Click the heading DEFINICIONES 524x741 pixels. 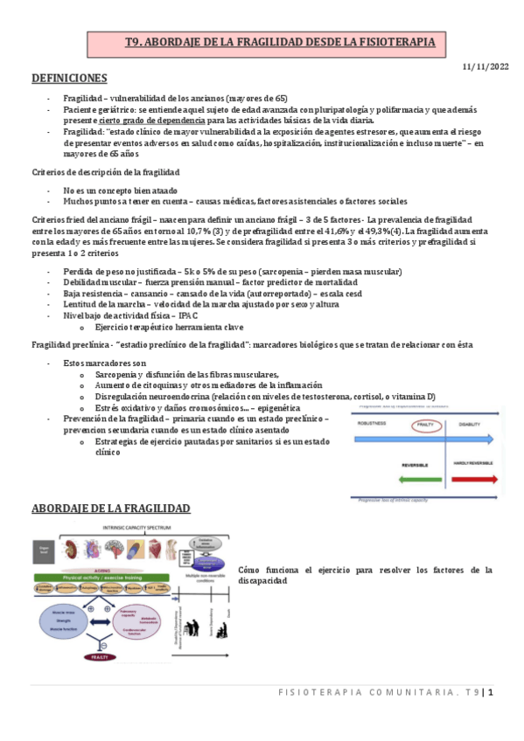coord(69,79)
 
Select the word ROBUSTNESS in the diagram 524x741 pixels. coord(374,423)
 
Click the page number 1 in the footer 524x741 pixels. coord(491,692)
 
